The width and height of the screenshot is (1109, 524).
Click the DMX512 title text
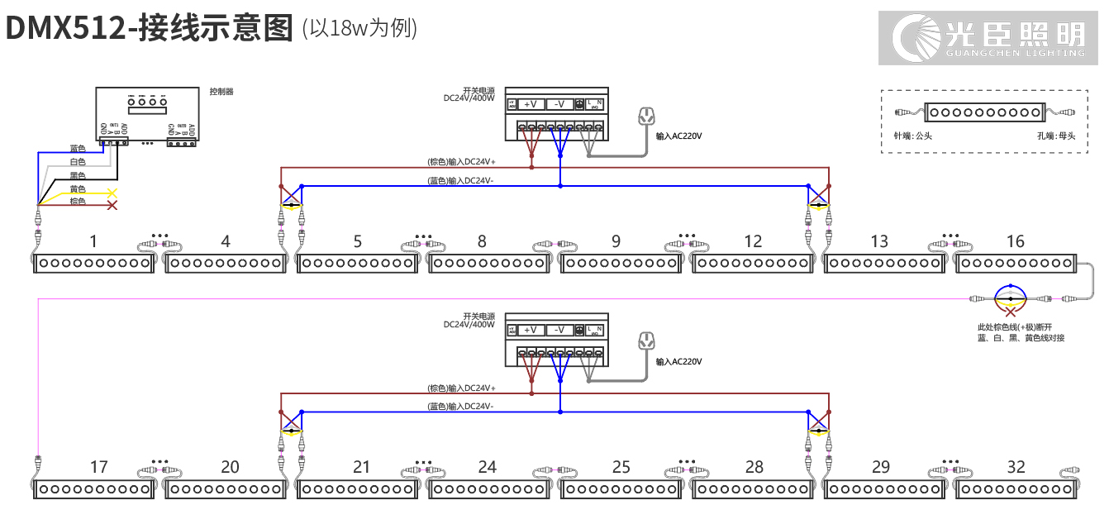click(x=149, y=28)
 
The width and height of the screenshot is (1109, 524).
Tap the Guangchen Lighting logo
click(x=992, y=38)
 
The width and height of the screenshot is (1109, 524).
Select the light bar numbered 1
click(x=94, y=264)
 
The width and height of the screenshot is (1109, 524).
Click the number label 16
click(x=1015, y=241)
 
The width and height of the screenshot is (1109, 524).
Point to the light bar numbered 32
click(x=1016, y=489)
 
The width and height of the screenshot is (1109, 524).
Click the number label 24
click(x=488, y=467)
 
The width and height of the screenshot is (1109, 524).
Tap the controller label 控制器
click(x=221, y=92)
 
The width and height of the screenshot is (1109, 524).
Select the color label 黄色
click(x=78, y=189)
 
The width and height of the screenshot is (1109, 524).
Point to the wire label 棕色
click(x=78, y=202)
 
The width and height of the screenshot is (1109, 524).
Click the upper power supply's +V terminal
click(x=531, y=104)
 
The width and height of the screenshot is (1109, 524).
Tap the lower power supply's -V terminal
click(x=559, y=330)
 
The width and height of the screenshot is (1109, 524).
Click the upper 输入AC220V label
click(x=683, y=136)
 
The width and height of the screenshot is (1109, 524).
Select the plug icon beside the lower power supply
click(x=646, y=341)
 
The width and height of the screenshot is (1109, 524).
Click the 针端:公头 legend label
click(x=912, y=136)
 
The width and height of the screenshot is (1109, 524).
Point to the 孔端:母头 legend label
click(x=1056, y=136)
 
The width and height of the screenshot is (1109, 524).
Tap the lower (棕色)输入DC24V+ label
click(x=461, y=388)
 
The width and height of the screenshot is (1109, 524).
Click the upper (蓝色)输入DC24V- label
click(x=460, y=180)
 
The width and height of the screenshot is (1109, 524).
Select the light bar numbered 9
click(x=621, y=264)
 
